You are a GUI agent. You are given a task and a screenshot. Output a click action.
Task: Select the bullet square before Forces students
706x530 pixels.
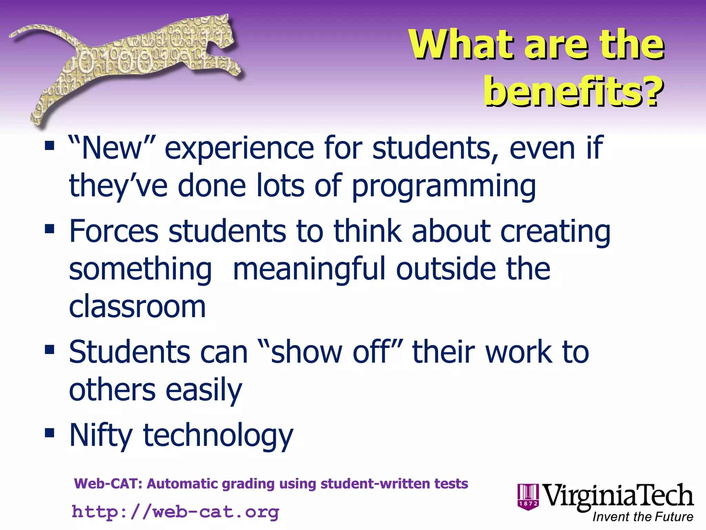coord(50,229)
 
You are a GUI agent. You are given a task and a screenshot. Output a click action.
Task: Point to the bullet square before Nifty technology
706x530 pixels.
coord(50,433)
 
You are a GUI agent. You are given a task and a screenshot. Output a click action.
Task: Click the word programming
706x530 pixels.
coord(444,186)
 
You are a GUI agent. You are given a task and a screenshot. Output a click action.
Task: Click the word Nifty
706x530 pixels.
coord(101,435)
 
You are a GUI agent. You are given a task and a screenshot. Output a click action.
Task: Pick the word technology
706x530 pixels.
coord(218,435)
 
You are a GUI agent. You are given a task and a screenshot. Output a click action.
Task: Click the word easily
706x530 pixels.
coord(204,390)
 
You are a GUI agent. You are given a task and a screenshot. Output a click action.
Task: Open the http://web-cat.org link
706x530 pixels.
coord(175,512)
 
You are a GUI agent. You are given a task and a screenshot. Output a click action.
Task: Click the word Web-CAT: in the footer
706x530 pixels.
coord(108,484)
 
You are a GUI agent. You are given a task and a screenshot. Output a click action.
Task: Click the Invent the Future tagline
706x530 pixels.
coord(643,517)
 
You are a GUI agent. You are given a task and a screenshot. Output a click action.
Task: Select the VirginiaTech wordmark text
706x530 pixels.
coord(618,495)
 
